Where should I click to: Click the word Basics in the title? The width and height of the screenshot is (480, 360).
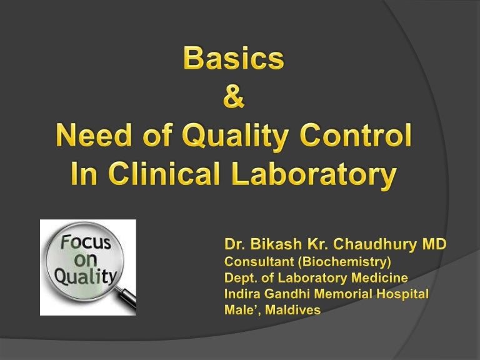click(x=234, y=60)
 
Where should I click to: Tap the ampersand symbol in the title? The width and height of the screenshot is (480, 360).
click(x=234, y=97)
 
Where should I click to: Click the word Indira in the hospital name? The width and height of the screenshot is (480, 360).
click(x=241, y=294)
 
